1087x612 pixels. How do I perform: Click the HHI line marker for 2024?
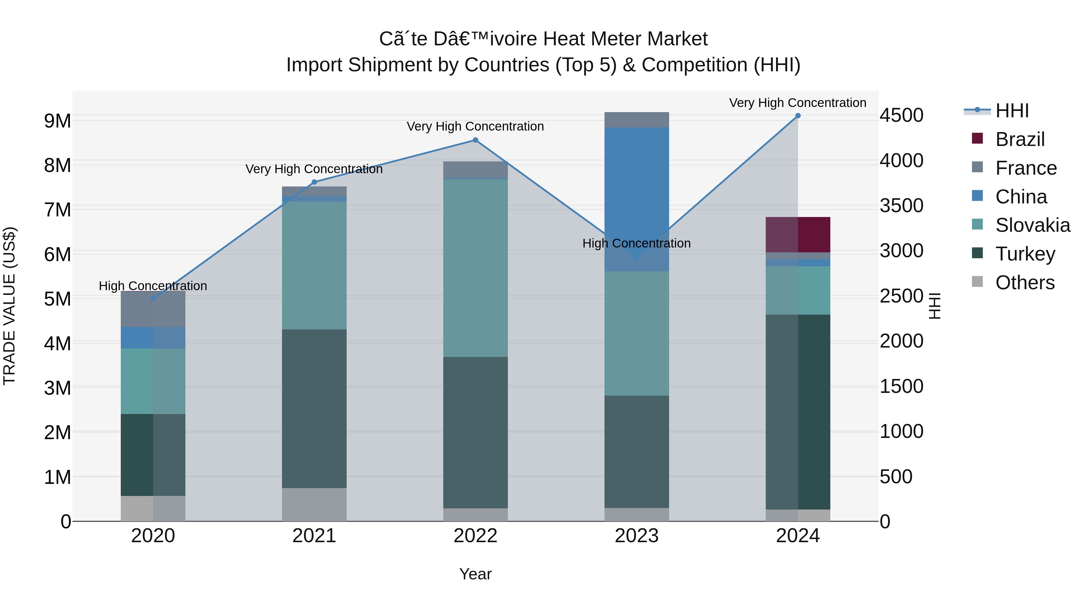797,116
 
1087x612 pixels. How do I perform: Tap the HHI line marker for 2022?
475,140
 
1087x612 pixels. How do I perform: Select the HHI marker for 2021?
314,182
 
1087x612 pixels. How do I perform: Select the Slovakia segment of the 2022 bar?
475,268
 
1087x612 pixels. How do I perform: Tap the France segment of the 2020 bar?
153,309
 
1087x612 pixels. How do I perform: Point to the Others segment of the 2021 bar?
314,504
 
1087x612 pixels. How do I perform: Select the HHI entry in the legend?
1012,111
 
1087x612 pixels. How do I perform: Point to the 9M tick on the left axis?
57,121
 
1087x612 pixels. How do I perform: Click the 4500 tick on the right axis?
902,116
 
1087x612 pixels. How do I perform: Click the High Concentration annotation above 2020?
153,286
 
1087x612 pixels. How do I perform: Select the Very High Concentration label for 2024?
797,103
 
